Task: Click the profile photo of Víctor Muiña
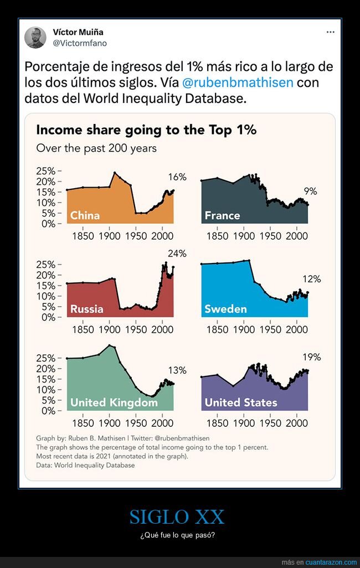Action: coord(35,38)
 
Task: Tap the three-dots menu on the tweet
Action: coord(331,32)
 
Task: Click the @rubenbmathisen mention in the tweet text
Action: coord(239,83)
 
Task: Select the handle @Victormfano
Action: coord(80,43)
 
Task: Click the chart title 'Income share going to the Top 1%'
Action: coord(146,130)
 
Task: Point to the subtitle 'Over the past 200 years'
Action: coord(96,148)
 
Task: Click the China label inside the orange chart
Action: coord(85,215)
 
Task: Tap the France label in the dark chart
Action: coord(222,215)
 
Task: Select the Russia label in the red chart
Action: coord(86,309)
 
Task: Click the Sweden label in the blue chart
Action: coord(225,309)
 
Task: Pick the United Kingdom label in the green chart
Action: coord(114,402)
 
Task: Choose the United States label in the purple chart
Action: coord(241,402)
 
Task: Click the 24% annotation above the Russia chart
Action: coord(177,254)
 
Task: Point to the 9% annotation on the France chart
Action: coord(310,192)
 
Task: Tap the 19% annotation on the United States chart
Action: coord(312,357)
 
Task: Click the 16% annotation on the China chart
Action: coord(177,177)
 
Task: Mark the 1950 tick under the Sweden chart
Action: coord(270,330)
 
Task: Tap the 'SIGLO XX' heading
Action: coord(177,517)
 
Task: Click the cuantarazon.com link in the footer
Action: coord(327,562)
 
